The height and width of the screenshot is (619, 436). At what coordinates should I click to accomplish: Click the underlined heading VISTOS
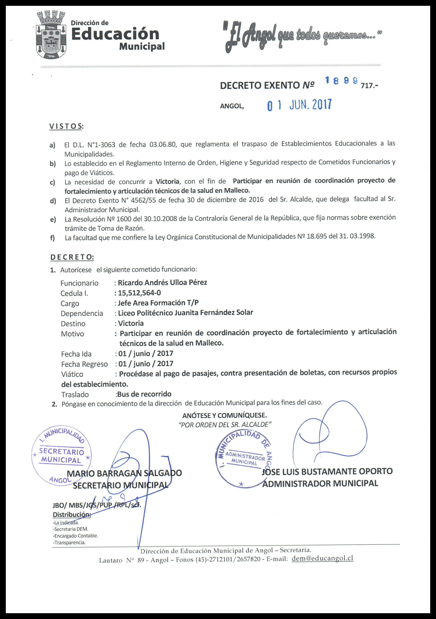pyautogui.click(x=66, y=126)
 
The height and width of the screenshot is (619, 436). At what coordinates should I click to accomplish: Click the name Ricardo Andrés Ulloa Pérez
pyautogui.click(x=162, y=283)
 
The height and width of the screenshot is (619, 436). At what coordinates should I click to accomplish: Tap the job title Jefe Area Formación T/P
pyautogui.click(x=158, y=303)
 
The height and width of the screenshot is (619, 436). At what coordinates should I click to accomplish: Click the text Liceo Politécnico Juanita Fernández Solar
pyautogui.click(x=185, y=313)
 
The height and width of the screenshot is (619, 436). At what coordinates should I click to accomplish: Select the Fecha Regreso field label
pyautogui.click(x=84, y=364)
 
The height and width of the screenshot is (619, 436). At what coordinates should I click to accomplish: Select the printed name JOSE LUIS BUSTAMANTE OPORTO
pyautogui.click(x=327, y=471)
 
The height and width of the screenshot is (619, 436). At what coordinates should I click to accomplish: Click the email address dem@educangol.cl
pyautogui.click(x=322, y=558)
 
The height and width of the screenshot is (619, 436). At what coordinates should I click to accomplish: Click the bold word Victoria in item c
pyautogui.click(x=167, y=182)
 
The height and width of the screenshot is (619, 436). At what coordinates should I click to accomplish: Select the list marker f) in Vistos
pyautogui.click(x=52, y=238)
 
